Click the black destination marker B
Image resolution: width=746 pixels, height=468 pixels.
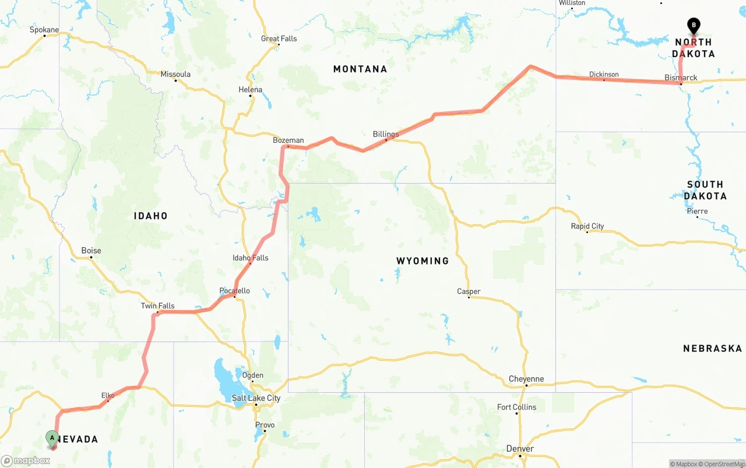pos(694,25)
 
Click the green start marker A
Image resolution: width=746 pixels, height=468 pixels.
pos(52,437)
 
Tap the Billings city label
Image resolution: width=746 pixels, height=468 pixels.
pos(386,134)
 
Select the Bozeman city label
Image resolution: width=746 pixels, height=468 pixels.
pos(288,140)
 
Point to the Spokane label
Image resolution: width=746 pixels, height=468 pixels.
pos(44,30)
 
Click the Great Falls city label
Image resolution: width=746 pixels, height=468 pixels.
pos(279,38)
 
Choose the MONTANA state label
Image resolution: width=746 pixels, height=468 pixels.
pos(360,69)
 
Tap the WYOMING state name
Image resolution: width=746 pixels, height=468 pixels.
pos(423,261)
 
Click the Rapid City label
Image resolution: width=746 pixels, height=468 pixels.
pos(587,226)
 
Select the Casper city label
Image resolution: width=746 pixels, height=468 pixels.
pos(469,291)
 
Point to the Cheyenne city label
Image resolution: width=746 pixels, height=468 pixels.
pos(526,379)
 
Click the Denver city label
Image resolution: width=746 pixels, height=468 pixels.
pos(520,448)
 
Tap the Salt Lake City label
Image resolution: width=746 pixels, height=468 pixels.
pos(256,398)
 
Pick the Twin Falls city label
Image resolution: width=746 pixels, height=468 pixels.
pos(157,306)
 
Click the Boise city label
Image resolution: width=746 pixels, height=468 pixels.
pos(91,251)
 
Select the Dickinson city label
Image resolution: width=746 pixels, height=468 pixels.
pos(604,74)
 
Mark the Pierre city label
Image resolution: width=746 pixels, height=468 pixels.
pos(697,212)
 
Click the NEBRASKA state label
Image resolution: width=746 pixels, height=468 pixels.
pos(712,349)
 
